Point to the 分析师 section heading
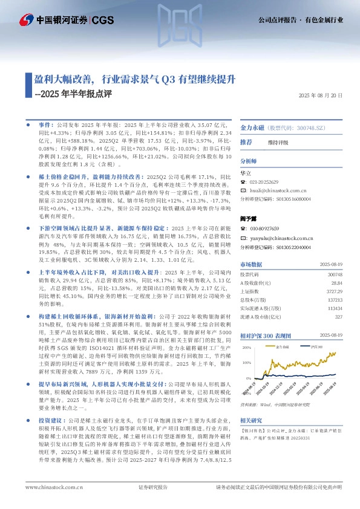249,162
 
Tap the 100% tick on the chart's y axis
246,362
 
